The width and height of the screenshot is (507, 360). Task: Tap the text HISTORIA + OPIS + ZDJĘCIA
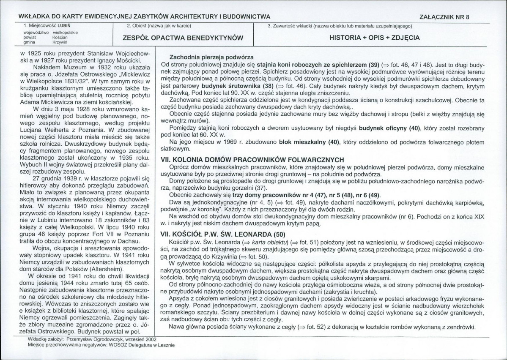374,38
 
